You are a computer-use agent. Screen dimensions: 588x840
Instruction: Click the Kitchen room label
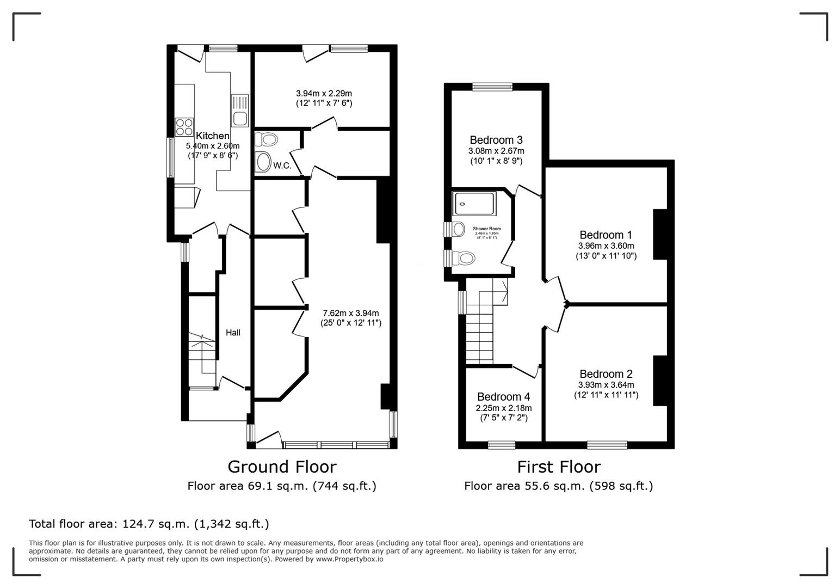pyautogui.click(x=212, y=136)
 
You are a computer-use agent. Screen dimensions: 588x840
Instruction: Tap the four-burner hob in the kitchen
pyautogui.click(x=184, y=127)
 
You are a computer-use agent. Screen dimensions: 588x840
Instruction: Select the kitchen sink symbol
pyautogui.click(x=239, y=111)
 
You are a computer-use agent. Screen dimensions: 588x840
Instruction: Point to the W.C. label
pyautogui.click(x=282, y=166)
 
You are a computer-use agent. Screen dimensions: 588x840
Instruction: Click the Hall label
pyautogui.click(x=233, y=333)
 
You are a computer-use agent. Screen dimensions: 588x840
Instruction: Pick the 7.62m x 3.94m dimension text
pyautogui.click(x=350, y=313)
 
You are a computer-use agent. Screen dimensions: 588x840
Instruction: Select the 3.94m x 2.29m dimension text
pyautogui.click(x=324, y=93)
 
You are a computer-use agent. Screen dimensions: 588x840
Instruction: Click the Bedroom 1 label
pyautogui.click(x=606, y=235)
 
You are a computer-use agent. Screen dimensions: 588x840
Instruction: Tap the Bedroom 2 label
pyautogui.click(x=606, y=374)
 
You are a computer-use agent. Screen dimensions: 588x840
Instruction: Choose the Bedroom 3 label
pyautogui.click(x=496, y=140)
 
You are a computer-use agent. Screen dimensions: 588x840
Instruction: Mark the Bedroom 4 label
pyautogui.click(x=503, y=397)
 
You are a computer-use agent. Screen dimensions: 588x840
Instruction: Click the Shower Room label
pyautogui.click(x=486, y=229)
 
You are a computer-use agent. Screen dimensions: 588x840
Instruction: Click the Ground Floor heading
pyautogui.click(x=281, y=467)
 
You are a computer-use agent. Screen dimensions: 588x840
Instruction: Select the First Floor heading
pyautogui.click(x=558, y=467)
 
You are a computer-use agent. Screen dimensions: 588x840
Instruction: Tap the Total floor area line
pyautogui.click(x=149, y=524)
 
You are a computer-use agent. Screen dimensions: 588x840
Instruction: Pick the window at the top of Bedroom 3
pyautogui.click(x=492, y=87)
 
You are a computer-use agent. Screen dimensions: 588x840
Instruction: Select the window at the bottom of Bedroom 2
pyautogui.click(x=607, y=445)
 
